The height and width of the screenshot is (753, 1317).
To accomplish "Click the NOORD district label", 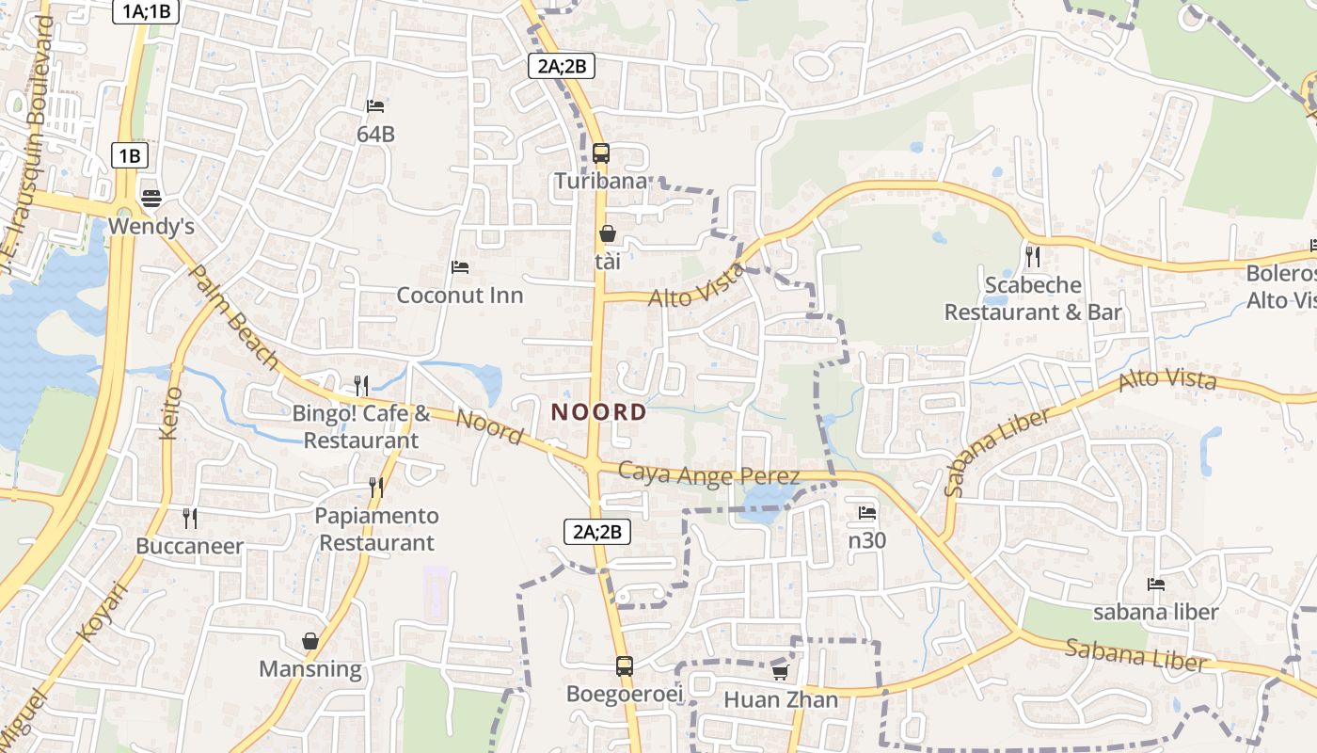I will [599, 412].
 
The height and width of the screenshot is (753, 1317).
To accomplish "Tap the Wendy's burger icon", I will [151, 199].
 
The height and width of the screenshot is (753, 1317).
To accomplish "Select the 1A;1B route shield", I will [146, 11].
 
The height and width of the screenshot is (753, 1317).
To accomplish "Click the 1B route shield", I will [130, 155].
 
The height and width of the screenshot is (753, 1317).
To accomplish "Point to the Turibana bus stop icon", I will [601, 152].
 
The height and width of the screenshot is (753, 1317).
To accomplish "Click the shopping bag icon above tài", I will [608, 233].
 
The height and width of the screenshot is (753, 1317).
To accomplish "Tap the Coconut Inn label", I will [459, 295].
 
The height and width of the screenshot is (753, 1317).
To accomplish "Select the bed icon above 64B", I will [375, 106].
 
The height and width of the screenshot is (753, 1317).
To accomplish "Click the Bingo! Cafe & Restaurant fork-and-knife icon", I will [360, 384].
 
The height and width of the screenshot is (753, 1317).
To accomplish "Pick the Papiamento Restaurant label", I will [376, 529].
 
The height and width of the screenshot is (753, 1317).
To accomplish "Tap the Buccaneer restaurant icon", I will [189, 518].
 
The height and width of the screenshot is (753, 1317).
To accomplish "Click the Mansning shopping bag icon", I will [310, 641].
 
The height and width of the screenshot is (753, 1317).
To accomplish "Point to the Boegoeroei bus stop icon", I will [624, 666].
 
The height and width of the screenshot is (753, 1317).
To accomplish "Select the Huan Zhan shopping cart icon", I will [780, 672].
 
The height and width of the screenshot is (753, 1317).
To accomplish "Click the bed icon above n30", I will [866, 513].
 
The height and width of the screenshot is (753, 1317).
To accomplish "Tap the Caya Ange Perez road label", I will [709, 474].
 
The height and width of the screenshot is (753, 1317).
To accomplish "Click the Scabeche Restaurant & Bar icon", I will [1033, 256].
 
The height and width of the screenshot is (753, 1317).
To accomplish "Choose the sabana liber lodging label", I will [1155, 612].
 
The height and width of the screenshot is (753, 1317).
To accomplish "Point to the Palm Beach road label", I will [234, 316].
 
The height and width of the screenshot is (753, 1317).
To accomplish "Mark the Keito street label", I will [171, 412].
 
